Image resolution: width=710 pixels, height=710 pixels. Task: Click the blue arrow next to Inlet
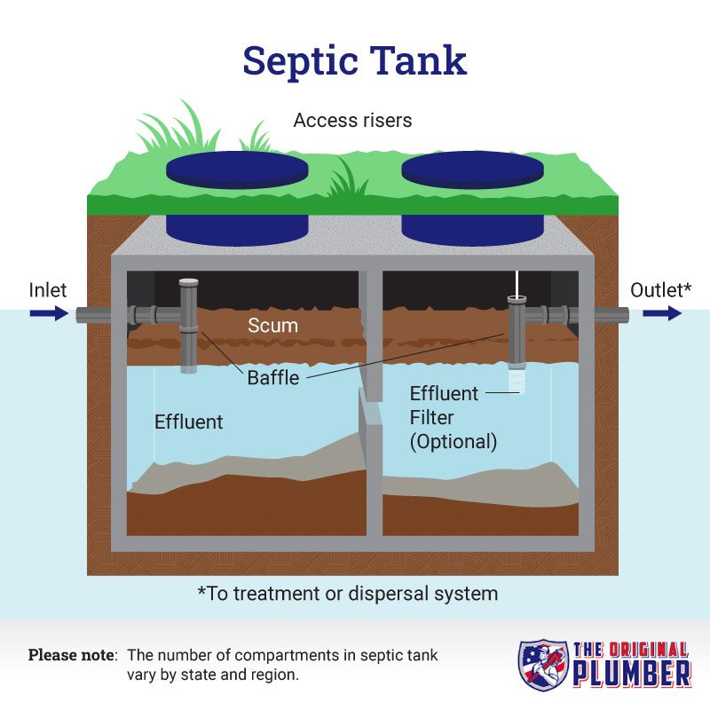(49, 313)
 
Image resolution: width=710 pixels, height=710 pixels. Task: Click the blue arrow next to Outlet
(662, 313)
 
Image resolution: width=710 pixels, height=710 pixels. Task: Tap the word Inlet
(48, 290)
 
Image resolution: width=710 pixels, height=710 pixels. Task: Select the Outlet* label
(660, 290)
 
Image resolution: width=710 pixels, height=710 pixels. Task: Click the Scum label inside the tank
(272, 326)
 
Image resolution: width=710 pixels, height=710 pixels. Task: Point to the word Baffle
(273, 378)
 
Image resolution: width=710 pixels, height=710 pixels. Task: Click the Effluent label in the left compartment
(188, 422)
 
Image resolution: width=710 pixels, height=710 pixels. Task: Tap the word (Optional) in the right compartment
(454, 441)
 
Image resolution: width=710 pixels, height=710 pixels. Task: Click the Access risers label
(352, 121)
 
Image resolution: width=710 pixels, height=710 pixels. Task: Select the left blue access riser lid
(237, 170)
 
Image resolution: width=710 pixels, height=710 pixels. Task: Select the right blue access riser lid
(472, 170)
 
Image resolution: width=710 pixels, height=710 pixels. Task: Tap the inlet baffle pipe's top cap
(188, 282)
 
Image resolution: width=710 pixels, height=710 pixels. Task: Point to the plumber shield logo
(543, 665)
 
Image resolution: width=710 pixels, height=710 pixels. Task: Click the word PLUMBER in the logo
(632, 674)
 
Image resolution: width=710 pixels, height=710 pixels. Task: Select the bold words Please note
(73, 655)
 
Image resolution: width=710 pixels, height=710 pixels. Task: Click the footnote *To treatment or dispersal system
(348, 594)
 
